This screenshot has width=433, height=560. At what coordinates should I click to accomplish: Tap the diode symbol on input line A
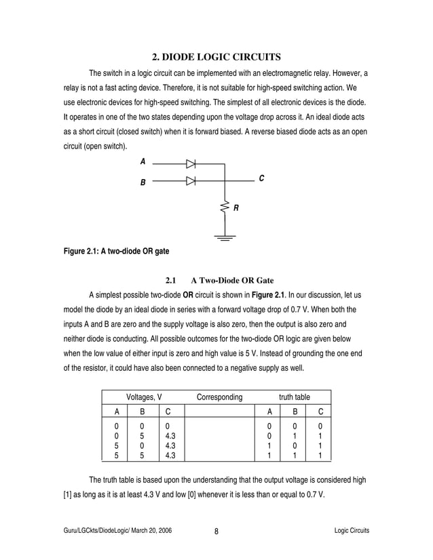(x=191, y=163)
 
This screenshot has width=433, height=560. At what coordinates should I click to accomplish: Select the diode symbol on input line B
(x=191, y=181)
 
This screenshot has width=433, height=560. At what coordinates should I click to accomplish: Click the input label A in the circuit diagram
(x=143, y=162)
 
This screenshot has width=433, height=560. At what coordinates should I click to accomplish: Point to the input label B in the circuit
(x=143, y=182)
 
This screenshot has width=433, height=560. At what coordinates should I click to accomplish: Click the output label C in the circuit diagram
(x=261, y=178)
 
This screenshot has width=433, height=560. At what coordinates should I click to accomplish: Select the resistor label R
(x=236, y=208)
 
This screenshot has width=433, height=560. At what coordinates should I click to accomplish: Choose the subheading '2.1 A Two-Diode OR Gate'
(x=219, y=280)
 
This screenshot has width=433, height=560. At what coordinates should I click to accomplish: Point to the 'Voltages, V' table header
(x=144, y=397)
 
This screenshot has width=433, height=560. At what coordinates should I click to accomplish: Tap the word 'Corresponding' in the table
(x=219, y=397)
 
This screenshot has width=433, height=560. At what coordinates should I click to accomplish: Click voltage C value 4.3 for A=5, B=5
(x=170, y=457)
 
